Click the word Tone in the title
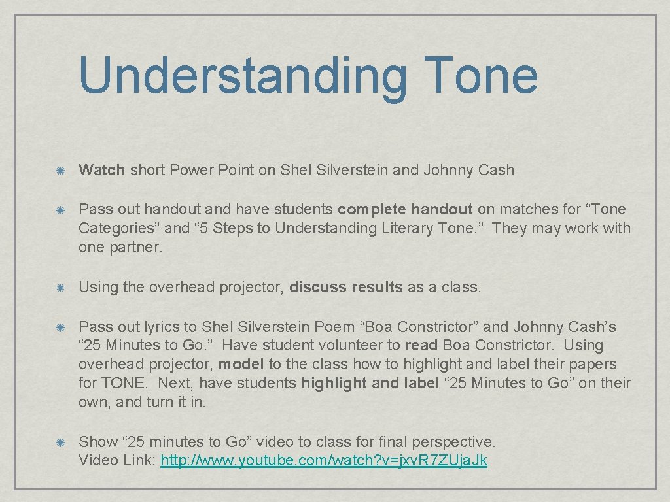point(480,75)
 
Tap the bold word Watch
point(101,170)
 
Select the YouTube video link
point(324,460)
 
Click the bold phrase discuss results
point(345,287)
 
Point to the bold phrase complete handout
point(404,209)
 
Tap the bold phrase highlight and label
point(370,383)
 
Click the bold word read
point(421,345)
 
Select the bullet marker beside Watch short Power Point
point(59,171)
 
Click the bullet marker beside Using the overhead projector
point(59,288)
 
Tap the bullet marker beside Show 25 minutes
point(59,443)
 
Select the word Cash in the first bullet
point(495,170)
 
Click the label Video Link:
point(117,460)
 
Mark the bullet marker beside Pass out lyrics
point(59,327)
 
